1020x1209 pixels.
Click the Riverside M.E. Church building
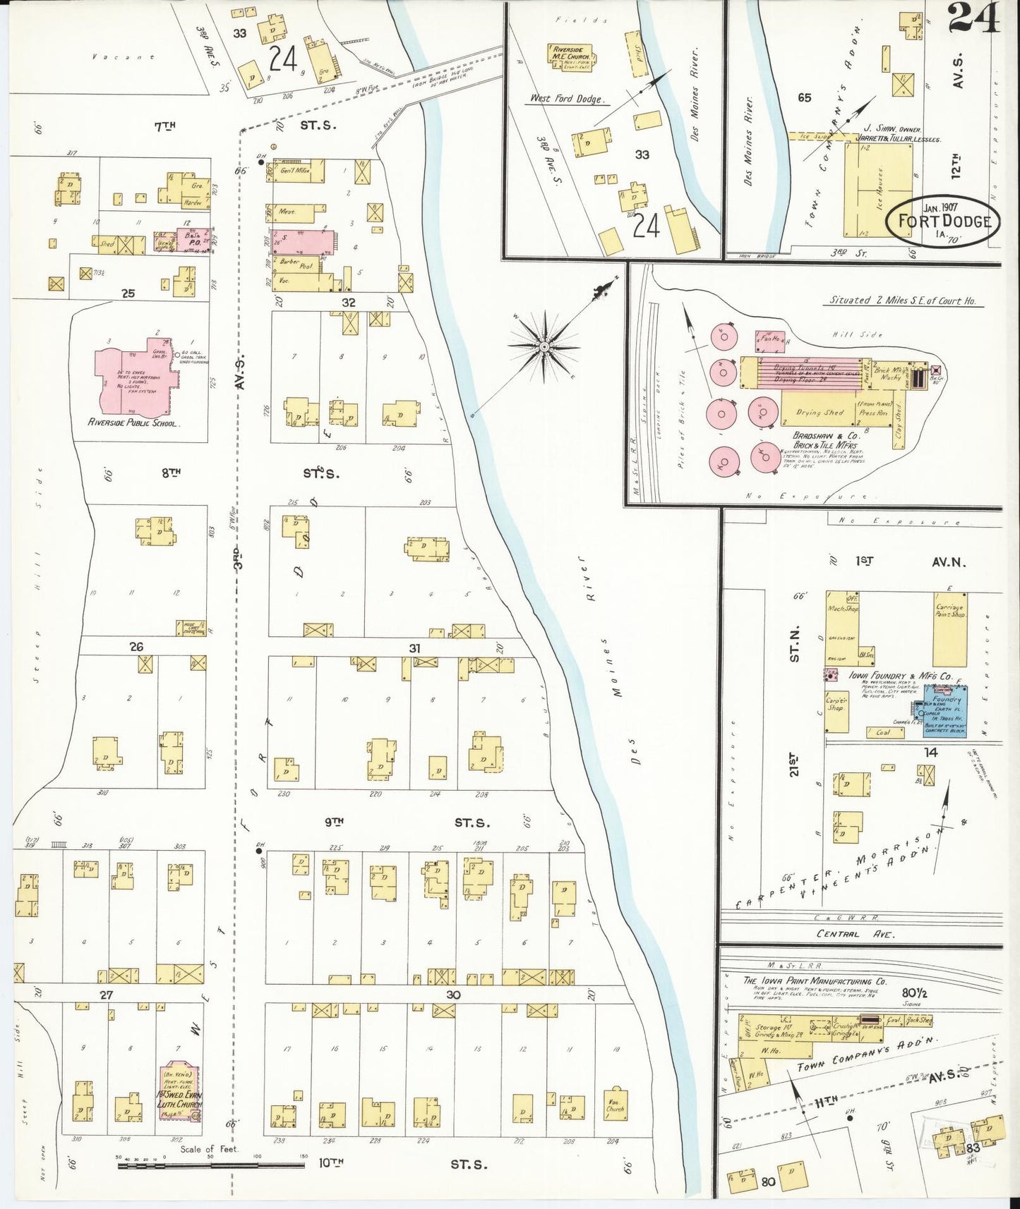coord(569,55)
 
